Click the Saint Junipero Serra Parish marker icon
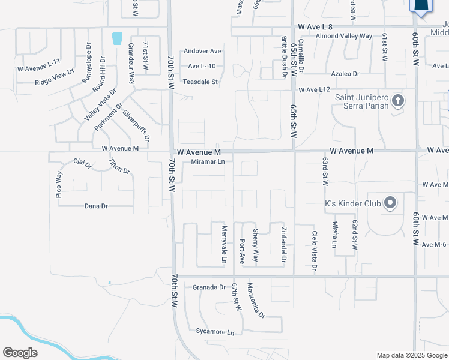coord(397,100)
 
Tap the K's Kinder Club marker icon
coord(390,203)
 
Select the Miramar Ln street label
coord(208,161)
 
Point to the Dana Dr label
coord(96,206)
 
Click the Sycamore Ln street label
coord(214,331)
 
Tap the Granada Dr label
coord(209,287)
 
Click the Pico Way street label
coord(59,185)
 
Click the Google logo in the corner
coord(20,353)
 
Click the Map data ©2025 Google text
coord(411,355)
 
